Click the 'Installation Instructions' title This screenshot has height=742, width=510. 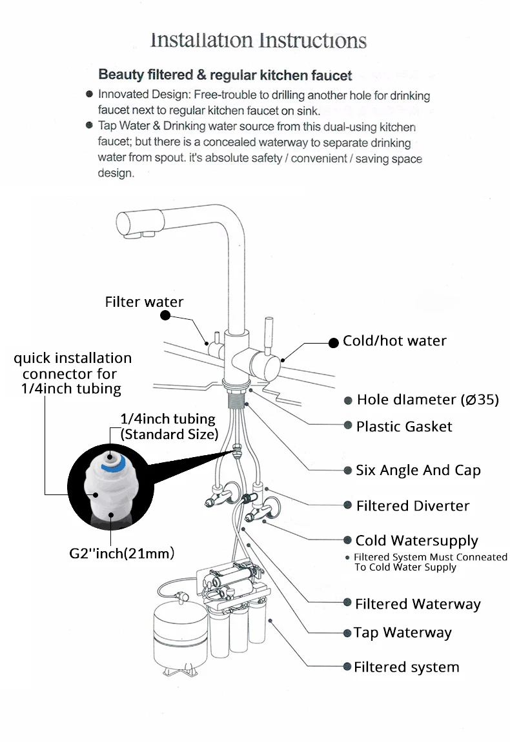[258, 41]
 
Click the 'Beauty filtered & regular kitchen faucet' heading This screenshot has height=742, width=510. [225, 75]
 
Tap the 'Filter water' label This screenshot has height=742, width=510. [144, 302]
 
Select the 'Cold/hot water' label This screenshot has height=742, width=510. [394, 341]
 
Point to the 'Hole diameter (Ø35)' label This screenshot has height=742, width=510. [428, 400]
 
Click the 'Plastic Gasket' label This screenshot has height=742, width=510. [404, 427]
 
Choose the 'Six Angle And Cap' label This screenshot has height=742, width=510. [418, 471]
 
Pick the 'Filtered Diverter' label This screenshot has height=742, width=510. [413, 506]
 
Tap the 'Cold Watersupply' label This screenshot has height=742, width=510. [416, 541]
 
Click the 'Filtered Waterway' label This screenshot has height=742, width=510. [418, 604]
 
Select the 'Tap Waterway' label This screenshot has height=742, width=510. [402, 633]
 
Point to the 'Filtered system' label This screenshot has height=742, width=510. [406, 667]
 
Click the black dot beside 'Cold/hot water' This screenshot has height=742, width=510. [334, 343]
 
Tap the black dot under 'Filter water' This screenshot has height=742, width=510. [165, 316]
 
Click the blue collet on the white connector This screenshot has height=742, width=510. [115, 462]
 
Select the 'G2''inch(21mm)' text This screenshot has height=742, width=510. [123, 553]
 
